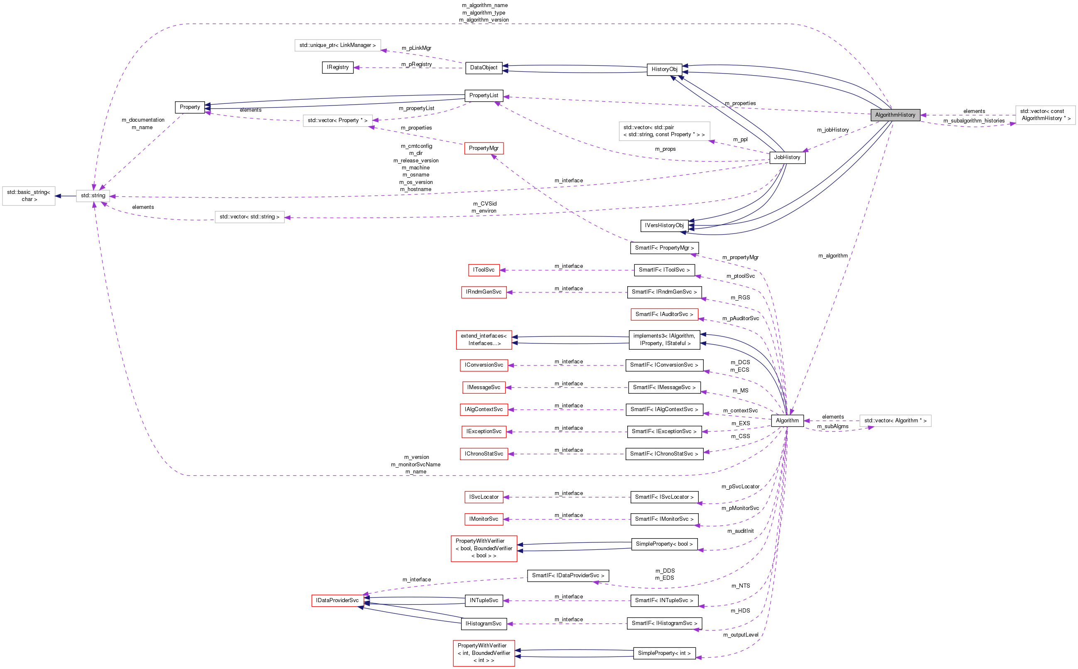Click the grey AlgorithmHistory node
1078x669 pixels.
[x=895, y=115]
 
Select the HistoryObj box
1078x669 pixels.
[x=664, y=69]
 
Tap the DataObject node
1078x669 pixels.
[x=483, y=68]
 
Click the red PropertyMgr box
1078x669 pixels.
[x=483, y=148]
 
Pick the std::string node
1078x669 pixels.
[x=93, y=196]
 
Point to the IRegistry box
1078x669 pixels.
[x=338, y=67]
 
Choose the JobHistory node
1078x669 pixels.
[x=787, y=157]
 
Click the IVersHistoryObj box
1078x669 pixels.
[x=664, y=225]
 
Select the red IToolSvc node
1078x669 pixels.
[x=483, y=270]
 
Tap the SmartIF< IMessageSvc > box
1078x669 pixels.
[x=664, y=387]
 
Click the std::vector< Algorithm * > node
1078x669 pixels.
[x=895, y=421]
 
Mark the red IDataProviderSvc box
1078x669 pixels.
[x=337, y=600]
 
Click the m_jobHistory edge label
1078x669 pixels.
[x=832, y=130]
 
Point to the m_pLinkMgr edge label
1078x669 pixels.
[x=416, y=48]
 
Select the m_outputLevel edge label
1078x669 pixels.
[x=740, y=635]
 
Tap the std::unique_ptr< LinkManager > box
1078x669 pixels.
[x=337, y=45]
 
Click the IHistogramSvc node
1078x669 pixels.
[x=483, y=624]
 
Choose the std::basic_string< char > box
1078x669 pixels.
[x=29, y=196]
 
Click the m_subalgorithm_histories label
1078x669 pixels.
[x=974, y=121]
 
